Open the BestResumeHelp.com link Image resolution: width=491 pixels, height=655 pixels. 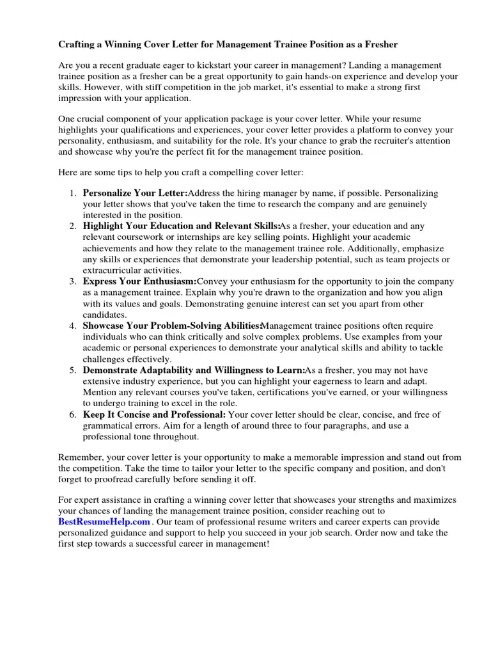[104, 522]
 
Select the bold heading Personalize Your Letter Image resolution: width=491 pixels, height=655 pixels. [135, 193]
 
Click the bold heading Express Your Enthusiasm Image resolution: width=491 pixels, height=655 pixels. [139, 281]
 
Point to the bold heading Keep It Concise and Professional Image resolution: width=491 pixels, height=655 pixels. [154, 414]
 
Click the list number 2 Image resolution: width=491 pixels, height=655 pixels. [73, 226]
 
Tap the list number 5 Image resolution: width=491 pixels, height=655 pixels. [73, 370]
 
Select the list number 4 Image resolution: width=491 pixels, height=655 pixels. [73, 326]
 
